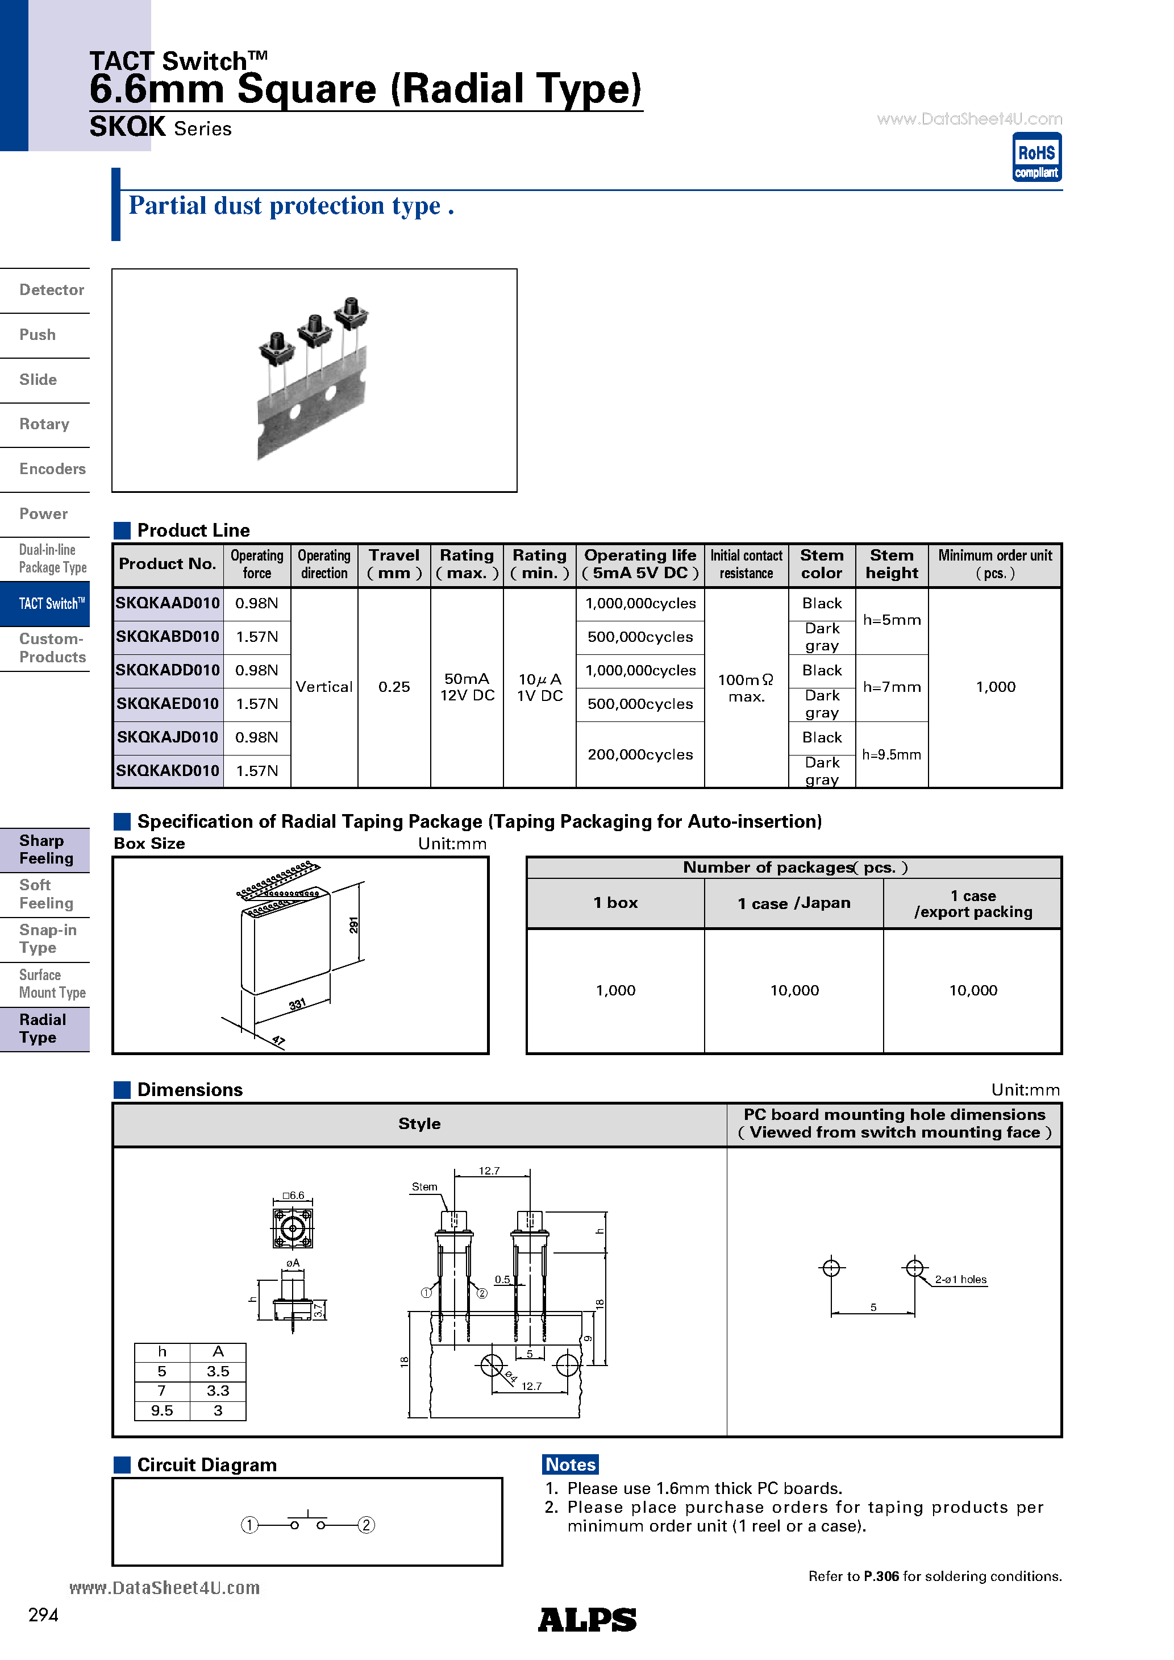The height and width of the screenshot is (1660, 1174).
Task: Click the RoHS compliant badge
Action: coord(1036,157)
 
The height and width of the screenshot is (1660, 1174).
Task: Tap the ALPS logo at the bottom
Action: coord(586,1620)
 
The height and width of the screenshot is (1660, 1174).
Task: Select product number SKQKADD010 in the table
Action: coord(168,670)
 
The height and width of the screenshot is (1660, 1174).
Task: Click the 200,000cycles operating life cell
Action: coord(640,754)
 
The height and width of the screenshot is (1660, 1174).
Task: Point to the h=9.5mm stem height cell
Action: coord(892,754)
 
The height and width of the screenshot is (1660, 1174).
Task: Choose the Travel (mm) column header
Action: coord(394,564)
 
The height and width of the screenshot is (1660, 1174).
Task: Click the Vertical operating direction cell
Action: coord(324,687)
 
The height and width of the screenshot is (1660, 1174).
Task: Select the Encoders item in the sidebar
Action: coord(52,469)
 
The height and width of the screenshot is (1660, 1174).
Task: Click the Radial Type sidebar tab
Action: coord(43,1028)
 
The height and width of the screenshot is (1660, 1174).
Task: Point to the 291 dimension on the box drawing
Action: coord(353,925)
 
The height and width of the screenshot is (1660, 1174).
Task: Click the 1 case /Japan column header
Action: coord(794,903)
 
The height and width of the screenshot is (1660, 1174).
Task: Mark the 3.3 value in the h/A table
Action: coord(218,1391)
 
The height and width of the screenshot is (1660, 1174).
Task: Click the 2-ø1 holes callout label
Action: coord(960,1279)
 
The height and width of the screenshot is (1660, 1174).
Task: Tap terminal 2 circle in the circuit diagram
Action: coord(367,1525)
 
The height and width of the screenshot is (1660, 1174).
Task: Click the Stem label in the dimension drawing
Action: coord(424,1186)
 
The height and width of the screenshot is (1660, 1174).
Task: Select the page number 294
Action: coord(43,1615)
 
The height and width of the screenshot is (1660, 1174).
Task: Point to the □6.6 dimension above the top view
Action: coord(293,1195)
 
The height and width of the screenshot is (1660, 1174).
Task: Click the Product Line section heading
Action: coord(193,530)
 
